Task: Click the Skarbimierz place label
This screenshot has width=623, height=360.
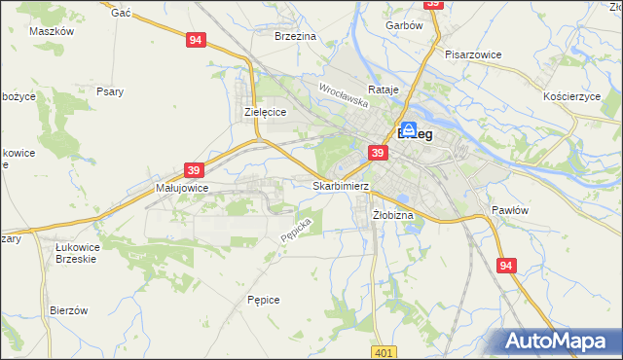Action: point(342,185)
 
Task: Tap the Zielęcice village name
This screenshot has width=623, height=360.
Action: point(264,113)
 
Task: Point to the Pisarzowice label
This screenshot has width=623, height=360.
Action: point(473,55)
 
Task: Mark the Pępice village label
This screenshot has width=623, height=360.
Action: point(264,300)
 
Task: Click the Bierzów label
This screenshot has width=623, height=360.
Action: point(69,310)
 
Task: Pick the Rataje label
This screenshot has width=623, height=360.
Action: point(386,90)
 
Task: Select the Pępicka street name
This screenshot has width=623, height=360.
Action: point(295,230)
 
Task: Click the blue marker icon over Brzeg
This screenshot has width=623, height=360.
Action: point(410,129)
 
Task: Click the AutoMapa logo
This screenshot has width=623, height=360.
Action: point(557,341)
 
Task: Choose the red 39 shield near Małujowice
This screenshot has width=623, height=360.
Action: point(193,170)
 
